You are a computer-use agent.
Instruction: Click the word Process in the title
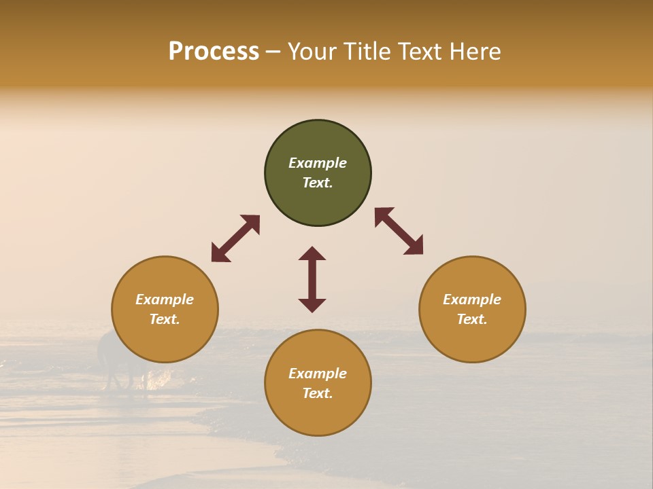[214, 52]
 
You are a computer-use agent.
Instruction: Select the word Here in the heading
[474, 52]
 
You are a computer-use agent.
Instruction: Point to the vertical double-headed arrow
[312, 279]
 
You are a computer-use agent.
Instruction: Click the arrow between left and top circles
[235, 238]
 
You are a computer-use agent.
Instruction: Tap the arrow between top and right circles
[399, 231]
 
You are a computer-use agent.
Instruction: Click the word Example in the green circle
[318, 163]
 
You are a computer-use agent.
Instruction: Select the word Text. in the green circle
[318, 183]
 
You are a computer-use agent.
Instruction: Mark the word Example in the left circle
[165, 300]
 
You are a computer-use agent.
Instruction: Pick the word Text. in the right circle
[472, 319]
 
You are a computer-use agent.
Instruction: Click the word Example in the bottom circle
[318, 374]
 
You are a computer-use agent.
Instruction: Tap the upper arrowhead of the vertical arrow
[312, 253]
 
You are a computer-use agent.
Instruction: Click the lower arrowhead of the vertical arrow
[312, 305]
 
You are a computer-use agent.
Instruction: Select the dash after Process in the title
[273, 52]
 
